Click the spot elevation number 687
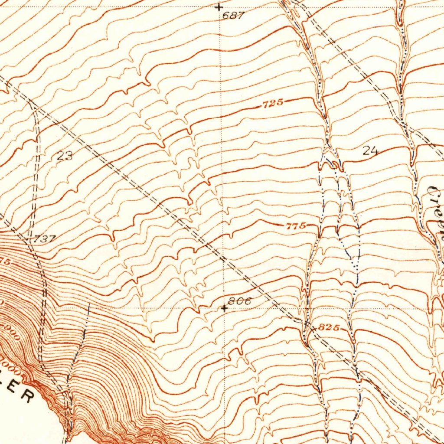[x=233, y=16]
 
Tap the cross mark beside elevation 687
[x=219, y=7]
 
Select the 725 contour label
[x=273, y=103]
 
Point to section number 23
[x=65, y=156]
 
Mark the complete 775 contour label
[x=296, y=226]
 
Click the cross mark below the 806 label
[x=224, y=308]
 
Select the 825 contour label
[x=328, y=327]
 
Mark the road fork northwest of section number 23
[x=32, y=103]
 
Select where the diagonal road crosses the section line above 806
[x=222, y=260]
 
